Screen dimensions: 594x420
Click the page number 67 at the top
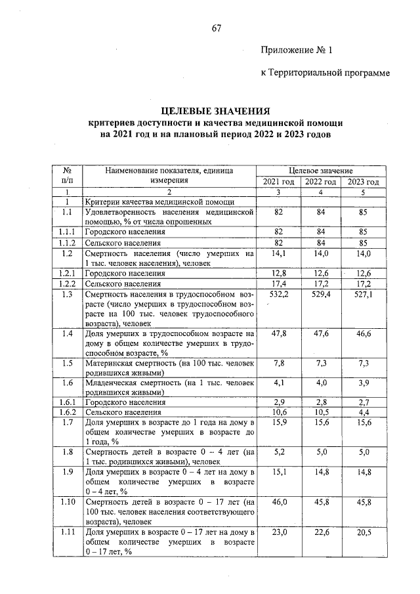click(217, 28)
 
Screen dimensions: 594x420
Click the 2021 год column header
click(278, 182)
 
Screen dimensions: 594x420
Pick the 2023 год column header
click(364, 182)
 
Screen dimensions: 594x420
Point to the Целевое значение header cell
click(320, 171)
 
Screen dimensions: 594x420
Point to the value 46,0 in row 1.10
click(278, 502)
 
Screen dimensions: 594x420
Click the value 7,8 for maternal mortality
click(278, 363)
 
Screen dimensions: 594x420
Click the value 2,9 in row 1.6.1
click(278, 402)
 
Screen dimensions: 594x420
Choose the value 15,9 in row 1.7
click(278, 423)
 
